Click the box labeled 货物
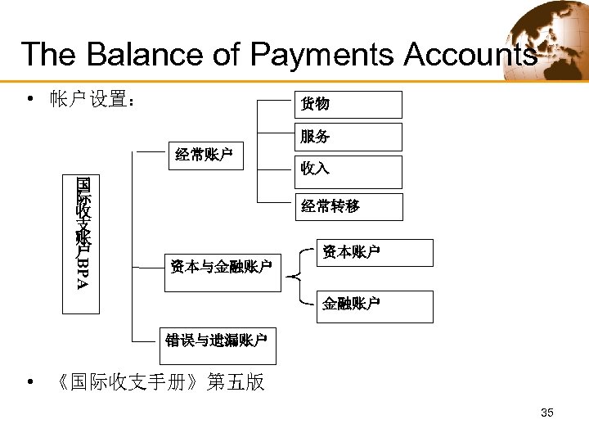pos(348,105)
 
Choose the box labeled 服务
pos(348,137)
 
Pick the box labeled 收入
pos(348,170)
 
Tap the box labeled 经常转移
pos(348,207)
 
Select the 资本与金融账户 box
pos(220,266)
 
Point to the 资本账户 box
pos(375,252)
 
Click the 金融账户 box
pos(375,305)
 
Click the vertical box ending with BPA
pos(82,243)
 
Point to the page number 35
pos(547,413)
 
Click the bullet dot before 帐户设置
pos(30,100)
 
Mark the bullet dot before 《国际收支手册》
pos(30,382)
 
